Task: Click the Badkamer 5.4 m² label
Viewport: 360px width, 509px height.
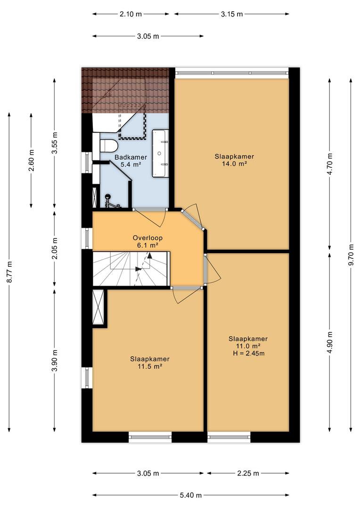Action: [x=131, y=161]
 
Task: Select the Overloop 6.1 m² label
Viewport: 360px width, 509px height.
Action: [x=147, y=241]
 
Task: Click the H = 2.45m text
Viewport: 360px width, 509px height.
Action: [x=249, y=353]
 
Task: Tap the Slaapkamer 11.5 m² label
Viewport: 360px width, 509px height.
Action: [x=150, y=362]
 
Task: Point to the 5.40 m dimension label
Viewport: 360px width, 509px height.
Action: [x=191, y=495]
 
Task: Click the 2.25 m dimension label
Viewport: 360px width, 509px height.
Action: [x=248, y=473]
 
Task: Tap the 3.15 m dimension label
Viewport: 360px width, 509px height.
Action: [x=232, y=14]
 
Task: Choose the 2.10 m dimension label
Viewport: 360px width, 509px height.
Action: [x=131, y=14]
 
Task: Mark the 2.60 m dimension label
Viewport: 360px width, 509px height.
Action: [x=31, y=161]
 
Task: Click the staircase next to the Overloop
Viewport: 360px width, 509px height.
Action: [x=131, y=269]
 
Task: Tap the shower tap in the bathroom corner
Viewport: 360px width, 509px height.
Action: [x=110, y=201]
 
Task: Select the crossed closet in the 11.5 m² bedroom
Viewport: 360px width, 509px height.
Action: [x=98, y=306]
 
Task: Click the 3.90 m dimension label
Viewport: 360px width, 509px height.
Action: [x=55, y=361]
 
